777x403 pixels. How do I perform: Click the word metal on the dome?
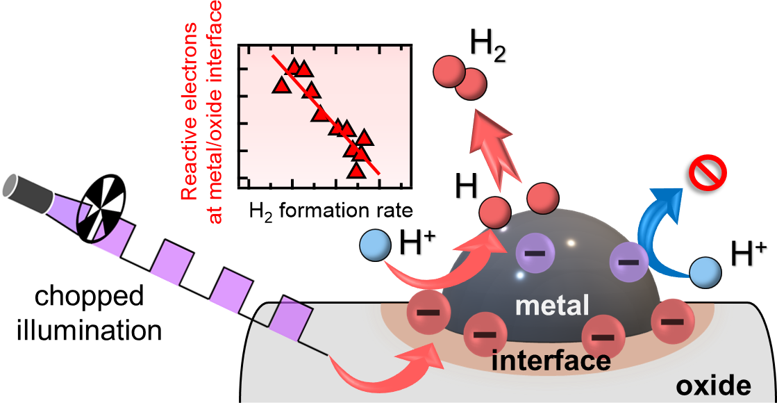tap(552, 305)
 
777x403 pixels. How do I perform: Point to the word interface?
tap(551, 361)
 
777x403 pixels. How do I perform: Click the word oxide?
tap(713, 385)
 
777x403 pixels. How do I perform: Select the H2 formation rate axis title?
tap(331, 212)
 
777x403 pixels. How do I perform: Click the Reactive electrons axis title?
tap(203, 112)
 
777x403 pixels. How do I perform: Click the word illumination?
tap(89, 329)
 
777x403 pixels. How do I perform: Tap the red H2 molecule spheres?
tap(460, 77)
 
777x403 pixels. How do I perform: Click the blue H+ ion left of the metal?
tap(375, 245)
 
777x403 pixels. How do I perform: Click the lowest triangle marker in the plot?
tap(356, 170)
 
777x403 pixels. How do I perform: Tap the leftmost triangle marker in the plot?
tap(281, 85)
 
